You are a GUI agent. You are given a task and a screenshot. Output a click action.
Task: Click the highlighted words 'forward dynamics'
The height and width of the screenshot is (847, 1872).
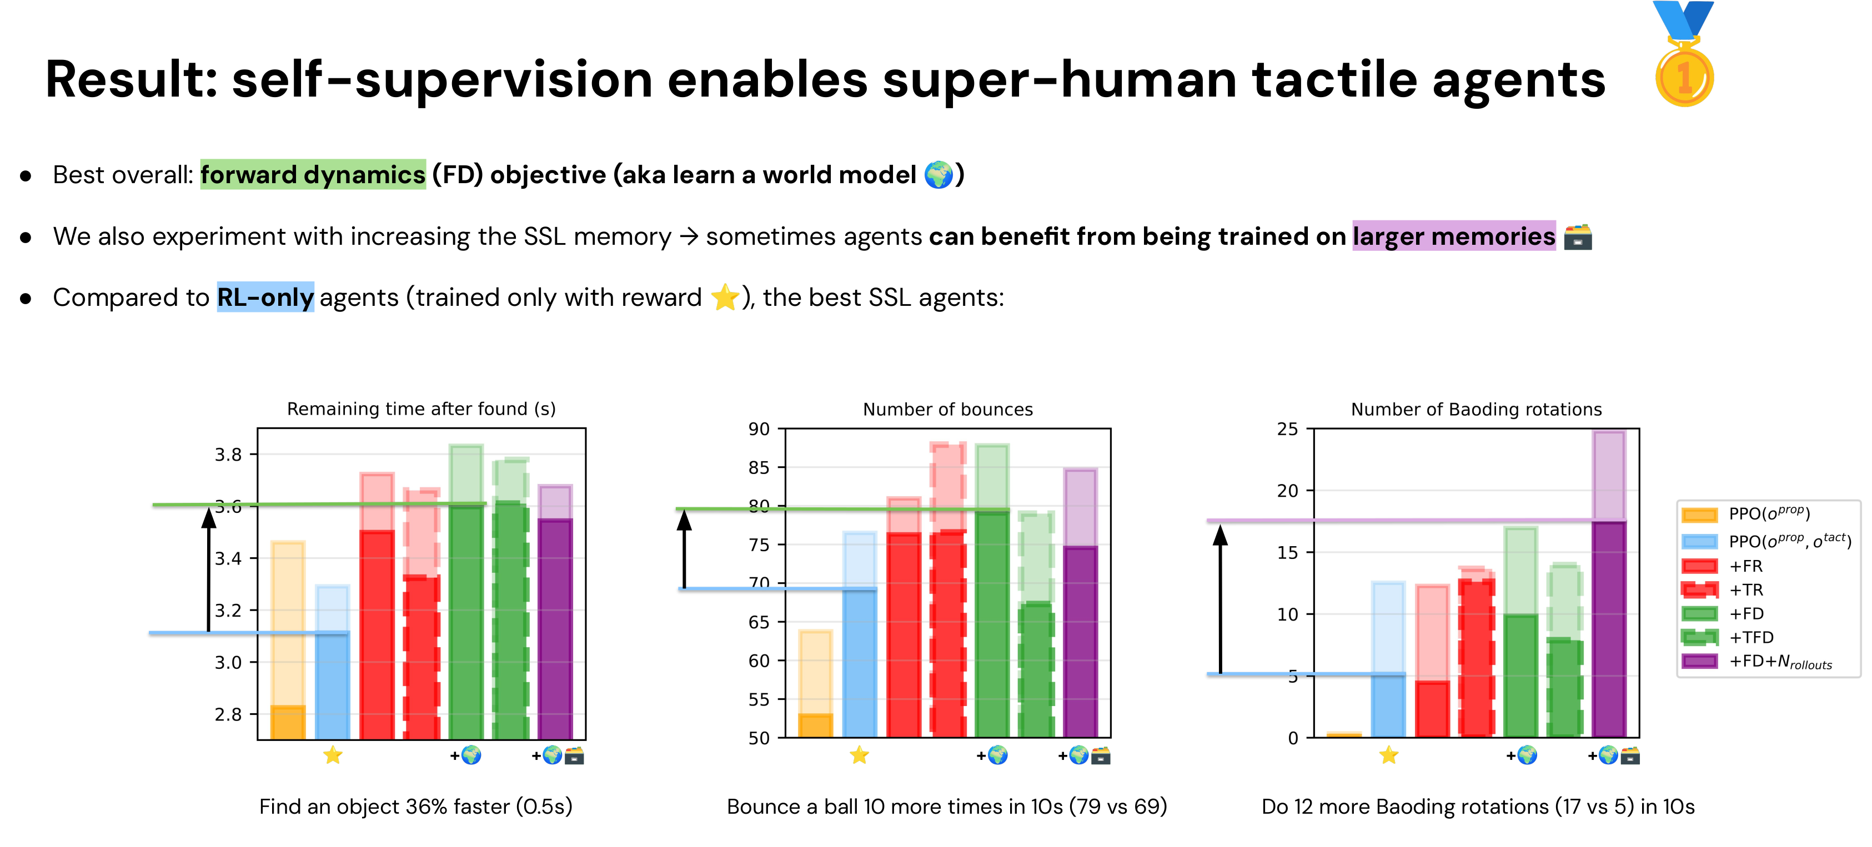tap(313, 175)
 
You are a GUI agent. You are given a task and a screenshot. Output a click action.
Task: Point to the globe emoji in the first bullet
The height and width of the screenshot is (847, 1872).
tap(938, 175)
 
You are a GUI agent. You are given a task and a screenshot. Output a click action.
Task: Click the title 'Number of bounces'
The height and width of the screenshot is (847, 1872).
tap(947, 409)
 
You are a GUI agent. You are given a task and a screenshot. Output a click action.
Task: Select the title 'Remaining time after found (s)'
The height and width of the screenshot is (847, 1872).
tap(421, 409)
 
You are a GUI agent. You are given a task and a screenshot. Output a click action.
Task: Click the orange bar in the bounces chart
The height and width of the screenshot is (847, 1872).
tap(815, 724)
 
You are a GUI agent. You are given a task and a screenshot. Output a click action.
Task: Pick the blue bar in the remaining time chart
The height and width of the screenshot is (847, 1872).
tap(332, 683)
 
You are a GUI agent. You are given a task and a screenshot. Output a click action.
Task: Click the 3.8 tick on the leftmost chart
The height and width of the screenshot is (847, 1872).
tap(228, 455)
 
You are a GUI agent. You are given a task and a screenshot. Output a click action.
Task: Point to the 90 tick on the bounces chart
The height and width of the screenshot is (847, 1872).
tap(758, 428)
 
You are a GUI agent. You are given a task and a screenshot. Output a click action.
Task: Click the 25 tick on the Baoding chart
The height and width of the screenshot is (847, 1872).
tap(1287, 428)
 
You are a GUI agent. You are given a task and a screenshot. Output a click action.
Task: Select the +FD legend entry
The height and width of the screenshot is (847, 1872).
tap(1744, 614)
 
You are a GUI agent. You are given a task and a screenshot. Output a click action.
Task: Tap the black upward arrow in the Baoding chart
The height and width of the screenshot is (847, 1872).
tap(1220, 599)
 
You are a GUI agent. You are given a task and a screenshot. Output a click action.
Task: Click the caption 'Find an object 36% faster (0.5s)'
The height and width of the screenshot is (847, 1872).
tap(416, 806)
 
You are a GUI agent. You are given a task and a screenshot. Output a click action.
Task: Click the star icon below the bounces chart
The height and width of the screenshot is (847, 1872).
tap(859, 755)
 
